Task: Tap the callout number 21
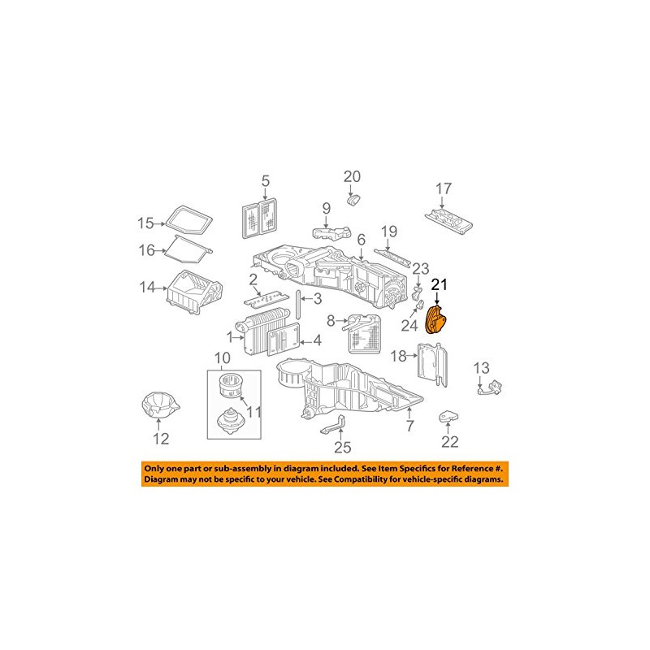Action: click(440, 284)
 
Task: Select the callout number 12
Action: click(161, 439)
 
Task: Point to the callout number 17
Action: click(443, 188)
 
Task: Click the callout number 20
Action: click(351, 175)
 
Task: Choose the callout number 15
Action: click(145, 223)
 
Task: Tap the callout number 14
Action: click(146, 286)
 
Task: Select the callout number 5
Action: click(264, 181)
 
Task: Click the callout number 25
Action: click(343, 447)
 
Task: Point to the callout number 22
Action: click(450, 442)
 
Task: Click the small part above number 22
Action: click(449, 417)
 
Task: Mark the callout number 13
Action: click(481, 366)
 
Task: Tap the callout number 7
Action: click(409, 426)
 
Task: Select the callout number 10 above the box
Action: click(223, 358)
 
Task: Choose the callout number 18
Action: click(398, 356)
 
